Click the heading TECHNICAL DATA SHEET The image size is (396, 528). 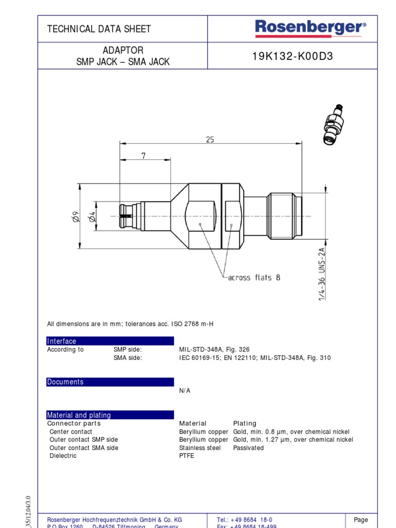tap(99, 29)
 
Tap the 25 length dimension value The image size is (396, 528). tap(210, 139)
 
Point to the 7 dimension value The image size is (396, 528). tap(143, 156)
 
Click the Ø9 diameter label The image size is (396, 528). tap(75, 217)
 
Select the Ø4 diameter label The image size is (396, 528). tap(92, 217)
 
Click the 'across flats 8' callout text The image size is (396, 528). tap(254, 277)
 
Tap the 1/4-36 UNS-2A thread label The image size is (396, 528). tap(322, 274)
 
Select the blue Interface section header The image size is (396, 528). tap(110, 341)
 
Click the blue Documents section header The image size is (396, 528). tap(110, 382)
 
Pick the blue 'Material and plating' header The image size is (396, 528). tap(110, 415)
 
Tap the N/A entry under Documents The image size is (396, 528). tap(185, 391)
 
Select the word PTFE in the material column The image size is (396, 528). tap(187, 456)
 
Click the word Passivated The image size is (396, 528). tap(248, 448)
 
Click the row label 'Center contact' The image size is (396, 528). tap(71, 432)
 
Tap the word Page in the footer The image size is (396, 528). tap(361, 520)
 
